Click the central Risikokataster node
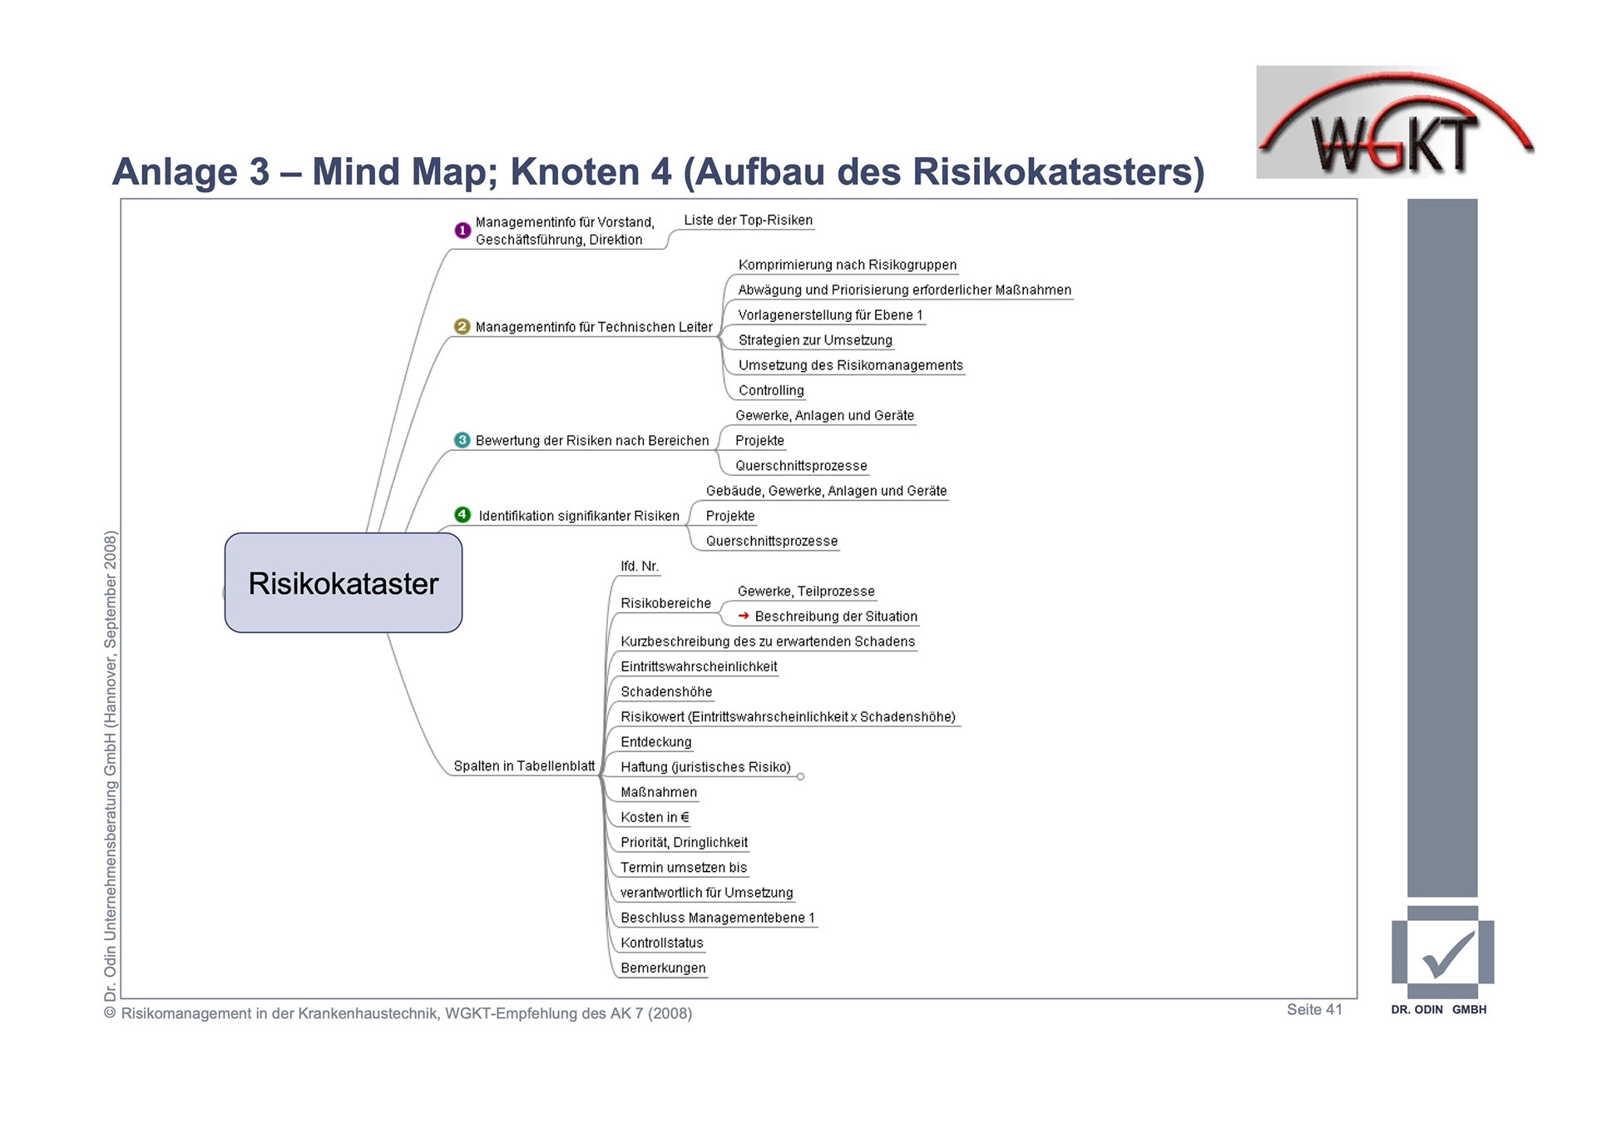343,583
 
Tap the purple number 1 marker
462,230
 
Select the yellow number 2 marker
462,327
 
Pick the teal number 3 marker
462,440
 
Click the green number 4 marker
462,515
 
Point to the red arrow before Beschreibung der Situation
744,616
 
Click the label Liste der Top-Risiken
748,220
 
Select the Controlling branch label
771,390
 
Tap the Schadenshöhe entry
666,691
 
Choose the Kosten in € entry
655,817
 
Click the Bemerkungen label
663,968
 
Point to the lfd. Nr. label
640,567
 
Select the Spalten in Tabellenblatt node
524,766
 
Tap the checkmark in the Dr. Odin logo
1448,954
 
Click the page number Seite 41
1314,1009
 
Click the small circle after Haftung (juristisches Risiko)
800,777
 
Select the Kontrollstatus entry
662,943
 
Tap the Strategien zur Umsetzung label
815,340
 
